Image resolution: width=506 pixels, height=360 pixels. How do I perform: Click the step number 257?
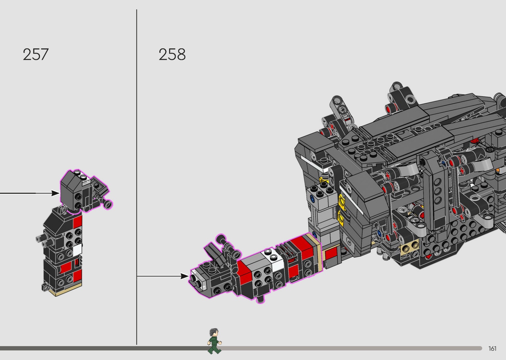36,55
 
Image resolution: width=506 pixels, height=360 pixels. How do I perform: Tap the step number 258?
172,55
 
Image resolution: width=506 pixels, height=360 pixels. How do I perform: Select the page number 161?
492,348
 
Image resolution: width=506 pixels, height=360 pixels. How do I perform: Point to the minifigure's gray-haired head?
214,333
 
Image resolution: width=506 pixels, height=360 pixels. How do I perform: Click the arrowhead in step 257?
55,193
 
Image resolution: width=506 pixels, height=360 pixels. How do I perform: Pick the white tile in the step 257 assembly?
77,250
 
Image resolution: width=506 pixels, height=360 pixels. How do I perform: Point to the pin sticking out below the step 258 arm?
261,298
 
